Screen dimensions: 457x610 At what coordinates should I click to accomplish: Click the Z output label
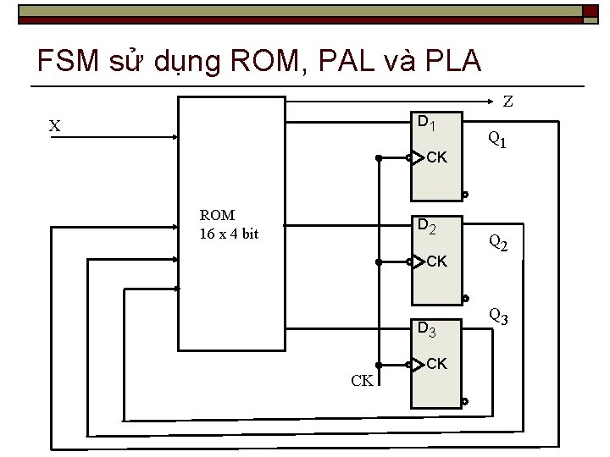tap(507, 102)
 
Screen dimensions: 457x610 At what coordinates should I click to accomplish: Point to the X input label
tap(54, 126)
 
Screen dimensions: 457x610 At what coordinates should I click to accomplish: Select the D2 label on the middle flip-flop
tap(426, 225)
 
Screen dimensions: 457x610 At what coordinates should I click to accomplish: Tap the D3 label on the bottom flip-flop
tap(426, 329)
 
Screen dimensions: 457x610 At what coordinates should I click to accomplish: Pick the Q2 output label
tap(497, 244)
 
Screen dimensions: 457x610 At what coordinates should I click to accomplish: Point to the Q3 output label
tap(497, 317)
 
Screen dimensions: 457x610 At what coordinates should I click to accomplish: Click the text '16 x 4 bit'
tap(229, 234)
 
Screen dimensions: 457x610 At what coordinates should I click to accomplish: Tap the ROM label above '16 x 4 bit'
tap(217, 215)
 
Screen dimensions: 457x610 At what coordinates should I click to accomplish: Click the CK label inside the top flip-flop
tap(437, 157)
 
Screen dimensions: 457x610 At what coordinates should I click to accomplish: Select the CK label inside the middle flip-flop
tap(437, 262)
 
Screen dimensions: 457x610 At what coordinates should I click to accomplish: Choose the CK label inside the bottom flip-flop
tap(437, 364)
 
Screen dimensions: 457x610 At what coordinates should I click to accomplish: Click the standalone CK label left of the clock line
tap(362, 380)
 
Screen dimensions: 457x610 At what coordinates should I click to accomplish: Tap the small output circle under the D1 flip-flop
tap(465, 195)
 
